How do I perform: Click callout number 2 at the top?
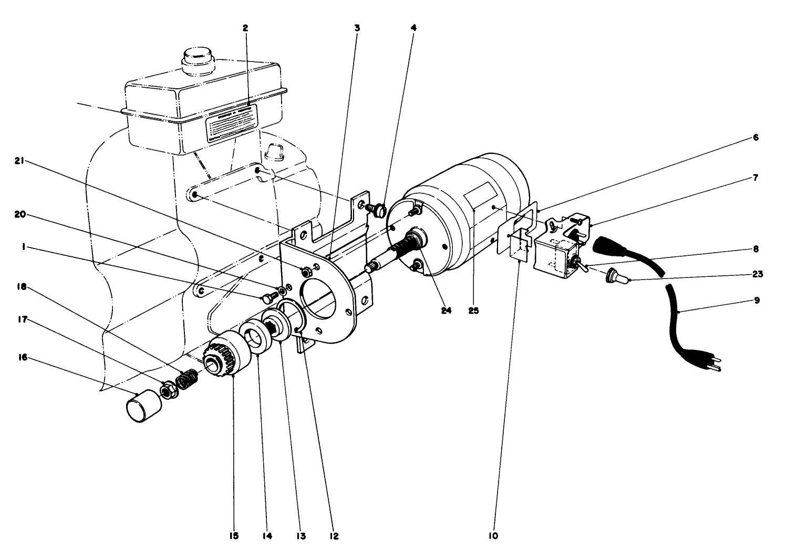[245, 28]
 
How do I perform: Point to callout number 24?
[446, 310]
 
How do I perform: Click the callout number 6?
[755, 138]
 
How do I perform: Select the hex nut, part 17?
[169, 391]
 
